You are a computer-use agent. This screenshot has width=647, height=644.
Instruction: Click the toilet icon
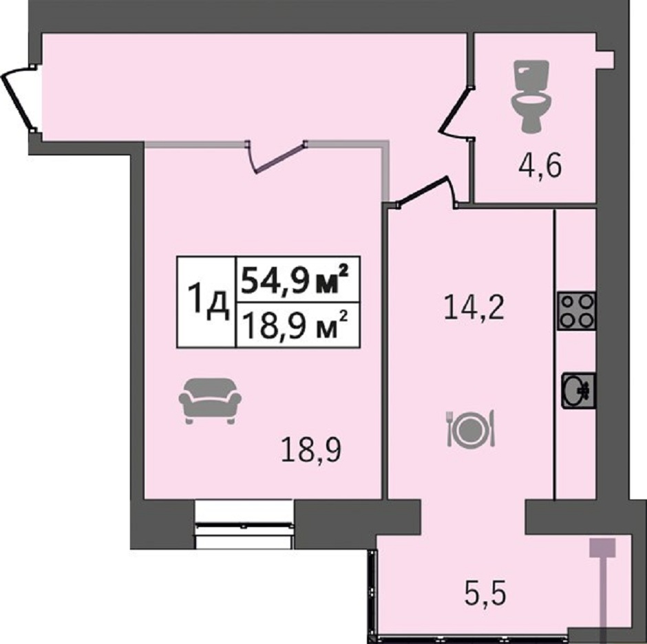click(x=531, y=96)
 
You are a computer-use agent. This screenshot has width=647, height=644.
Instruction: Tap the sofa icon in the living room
click(x=210, y=401)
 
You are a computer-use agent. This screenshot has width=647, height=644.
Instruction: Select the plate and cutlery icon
click(x=471, y=429)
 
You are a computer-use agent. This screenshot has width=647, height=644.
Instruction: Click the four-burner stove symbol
click(x=576, y=311)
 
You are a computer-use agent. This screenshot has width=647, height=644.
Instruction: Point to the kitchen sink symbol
click(x=578, y=390)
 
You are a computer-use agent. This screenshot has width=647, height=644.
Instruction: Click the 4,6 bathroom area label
click(x=540, y=167)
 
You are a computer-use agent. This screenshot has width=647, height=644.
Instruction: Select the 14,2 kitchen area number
click(x=474, y=308)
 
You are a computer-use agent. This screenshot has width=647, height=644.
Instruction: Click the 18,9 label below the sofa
click(x=311, y=450)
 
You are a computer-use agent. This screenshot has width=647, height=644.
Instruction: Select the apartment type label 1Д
click(x=208, y=302)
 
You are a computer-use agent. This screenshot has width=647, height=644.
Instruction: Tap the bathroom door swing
click(x=456, y=112)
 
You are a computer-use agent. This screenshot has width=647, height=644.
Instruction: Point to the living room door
click(x=277, y=157)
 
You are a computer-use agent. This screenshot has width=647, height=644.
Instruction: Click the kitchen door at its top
click(x=425, y=192)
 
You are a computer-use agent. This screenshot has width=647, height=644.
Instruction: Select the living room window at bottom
click(x=244, y=525)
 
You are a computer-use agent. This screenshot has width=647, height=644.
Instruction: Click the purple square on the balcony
click(x=602, y=548)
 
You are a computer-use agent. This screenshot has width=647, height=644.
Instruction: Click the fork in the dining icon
click(x=449, y=429)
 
